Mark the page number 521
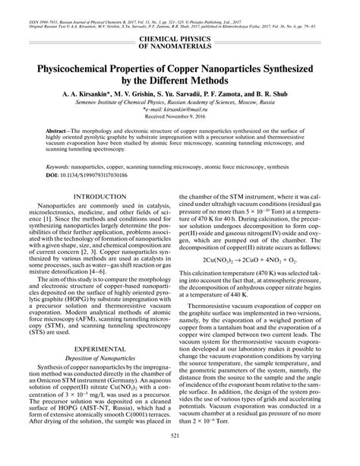pos(180,455)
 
